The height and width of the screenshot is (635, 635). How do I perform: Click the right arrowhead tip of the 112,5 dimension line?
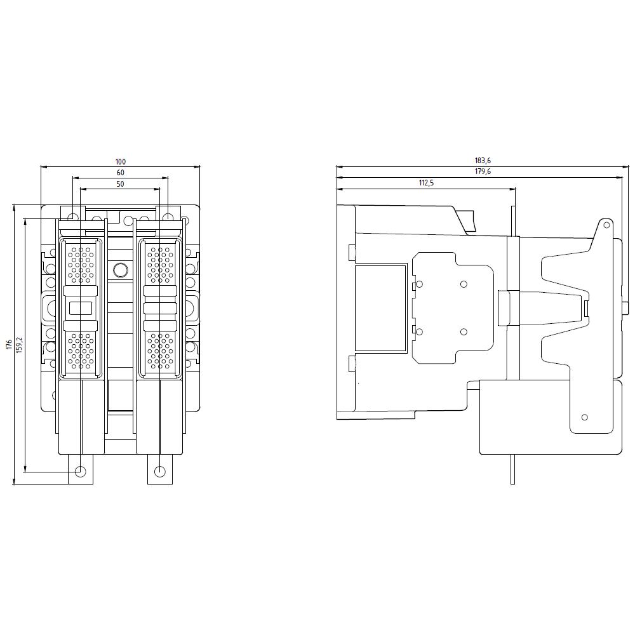[x=516, y=189]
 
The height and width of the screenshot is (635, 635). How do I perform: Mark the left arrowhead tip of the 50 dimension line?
[x=80, y=189]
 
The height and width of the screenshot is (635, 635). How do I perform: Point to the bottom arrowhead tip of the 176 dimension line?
[x=15, y=484]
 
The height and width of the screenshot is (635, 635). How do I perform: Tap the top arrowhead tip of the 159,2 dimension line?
[x=25, y=219]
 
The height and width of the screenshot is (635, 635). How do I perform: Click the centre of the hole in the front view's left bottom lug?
[x=81, y=472]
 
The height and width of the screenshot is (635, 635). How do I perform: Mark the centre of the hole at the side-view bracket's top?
[x=606, y=225]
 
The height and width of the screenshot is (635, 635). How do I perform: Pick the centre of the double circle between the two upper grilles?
[x=120, y=270]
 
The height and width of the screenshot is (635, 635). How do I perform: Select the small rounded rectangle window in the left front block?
[x=81, y=309]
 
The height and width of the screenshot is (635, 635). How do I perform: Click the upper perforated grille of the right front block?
[x=161, y=264]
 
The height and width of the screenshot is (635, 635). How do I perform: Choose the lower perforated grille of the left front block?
[x=81, y=351]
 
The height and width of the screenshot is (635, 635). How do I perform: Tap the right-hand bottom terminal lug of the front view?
[x=160, y=469]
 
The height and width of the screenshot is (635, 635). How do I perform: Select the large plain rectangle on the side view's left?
[x=380, y=308]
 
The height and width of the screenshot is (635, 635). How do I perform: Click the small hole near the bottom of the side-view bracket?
[x=584, y=417]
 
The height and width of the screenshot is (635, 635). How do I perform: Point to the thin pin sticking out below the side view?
[x=512, y=469]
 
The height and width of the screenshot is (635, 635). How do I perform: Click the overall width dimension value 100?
[x=121, y=162]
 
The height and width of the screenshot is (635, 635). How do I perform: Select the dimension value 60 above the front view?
[x=120, y=173]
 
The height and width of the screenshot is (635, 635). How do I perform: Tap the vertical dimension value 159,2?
[x=20, y=345]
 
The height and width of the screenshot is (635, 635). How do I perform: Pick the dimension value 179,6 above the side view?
[x=483, y=171]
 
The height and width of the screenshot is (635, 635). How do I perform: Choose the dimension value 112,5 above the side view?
[x=427, y=183]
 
